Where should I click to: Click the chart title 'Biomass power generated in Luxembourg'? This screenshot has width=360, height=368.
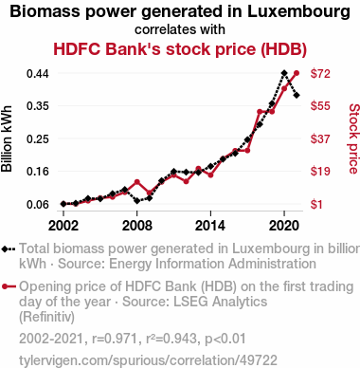point(180,11)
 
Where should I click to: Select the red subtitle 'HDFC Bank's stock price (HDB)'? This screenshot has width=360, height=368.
point(180,49)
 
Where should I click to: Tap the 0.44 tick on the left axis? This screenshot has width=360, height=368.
point(38,74)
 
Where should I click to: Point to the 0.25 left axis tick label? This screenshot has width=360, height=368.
point(38,138)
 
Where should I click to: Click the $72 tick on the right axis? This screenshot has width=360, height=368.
point(320,73)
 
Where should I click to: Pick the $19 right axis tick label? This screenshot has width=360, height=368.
point(320,171)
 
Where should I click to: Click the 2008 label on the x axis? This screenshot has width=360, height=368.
point(137,226)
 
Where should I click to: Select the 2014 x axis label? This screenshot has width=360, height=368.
point(210,226)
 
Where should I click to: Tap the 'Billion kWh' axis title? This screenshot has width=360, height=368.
point(7,138)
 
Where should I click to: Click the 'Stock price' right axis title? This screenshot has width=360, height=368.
point(354,138)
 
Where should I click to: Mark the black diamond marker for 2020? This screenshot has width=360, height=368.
point(284,73)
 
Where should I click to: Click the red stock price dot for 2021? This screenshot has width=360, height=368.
point(297,73)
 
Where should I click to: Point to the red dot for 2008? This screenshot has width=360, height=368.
point(137,182)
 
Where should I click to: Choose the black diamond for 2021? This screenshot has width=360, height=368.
point(297,95)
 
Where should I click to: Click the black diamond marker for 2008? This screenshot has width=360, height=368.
point(137,200)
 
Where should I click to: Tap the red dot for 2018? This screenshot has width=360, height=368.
point(260,111)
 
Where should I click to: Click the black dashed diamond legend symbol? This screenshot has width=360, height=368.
point(9,248)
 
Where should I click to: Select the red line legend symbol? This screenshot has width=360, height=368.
point(9,286)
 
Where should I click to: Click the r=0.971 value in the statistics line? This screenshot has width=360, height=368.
point(115,339)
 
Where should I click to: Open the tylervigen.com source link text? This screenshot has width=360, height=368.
point(148,360)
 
